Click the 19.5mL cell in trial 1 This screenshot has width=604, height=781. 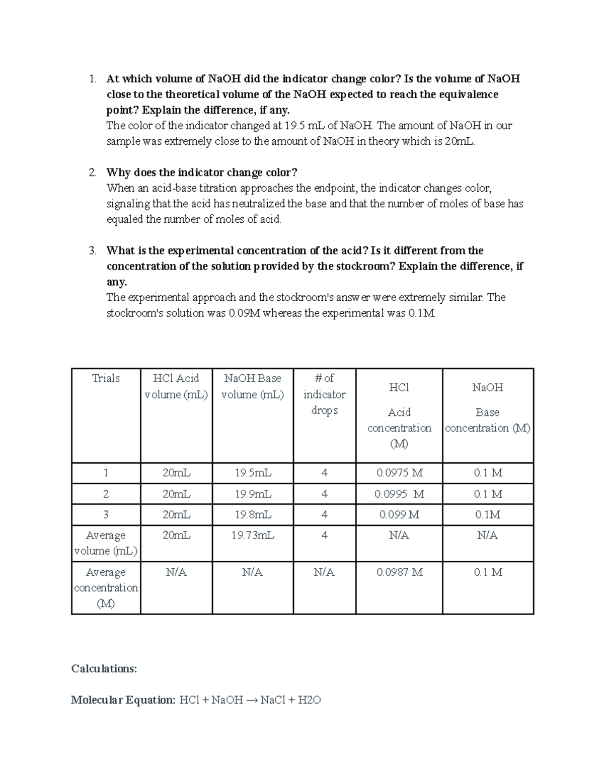[x=253, y=473]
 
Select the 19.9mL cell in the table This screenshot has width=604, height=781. [x=253, y=494]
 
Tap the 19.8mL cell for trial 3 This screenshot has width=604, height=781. [x=253, y=514]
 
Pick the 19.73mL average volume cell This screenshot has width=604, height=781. [x=253, y=535]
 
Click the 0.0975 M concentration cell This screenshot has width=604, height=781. [x=399, y=473]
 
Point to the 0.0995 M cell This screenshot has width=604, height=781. [x=399, y=494]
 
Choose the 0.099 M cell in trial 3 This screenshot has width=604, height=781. [x=399, y=514]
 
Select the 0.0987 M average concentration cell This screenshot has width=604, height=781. [x=399, y=572]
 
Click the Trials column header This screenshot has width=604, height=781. [x=106, y=378]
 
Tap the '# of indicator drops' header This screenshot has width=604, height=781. [x=324, y=394]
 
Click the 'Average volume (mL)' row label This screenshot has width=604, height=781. [x=106, y=543]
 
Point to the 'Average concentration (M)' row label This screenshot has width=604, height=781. [x=106, y=587]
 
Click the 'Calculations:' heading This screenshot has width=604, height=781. [x=104, y=668]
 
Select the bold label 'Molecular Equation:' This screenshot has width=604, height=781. [x=123, y=700]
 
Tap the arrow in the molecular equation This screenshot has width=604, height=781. [x=252, y=700]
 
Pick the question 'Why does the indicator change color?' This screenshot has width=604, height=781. [x=202, y=172]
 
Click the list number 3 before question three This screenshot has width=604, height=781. [x=92, y=250]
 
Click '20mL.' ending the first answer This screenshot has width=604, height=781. [x=460, y=141]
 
